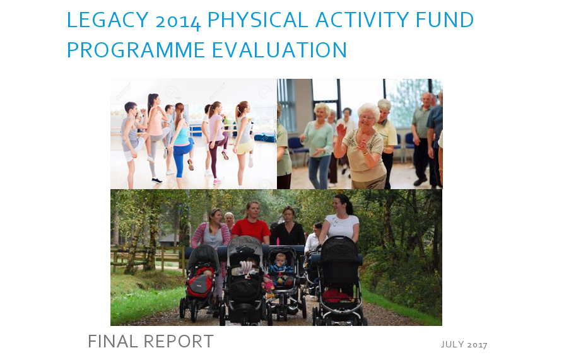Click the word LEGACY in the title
tap(108, 20)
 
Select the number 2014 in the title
tap(178, 21)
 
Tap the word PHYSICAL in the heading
tap(257, 20)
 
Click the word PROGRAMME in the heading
tap(136, 50)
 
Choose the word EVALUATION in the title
tap(279, 50)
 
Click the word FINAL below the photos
tap(113, 341)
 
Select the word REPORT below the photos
tap(179, 341)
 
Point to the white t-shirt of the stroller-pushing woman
tap(343, 226)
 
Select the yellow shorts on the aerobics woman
tap(245, 146)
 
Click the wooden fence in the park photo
tap(147, 257)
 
